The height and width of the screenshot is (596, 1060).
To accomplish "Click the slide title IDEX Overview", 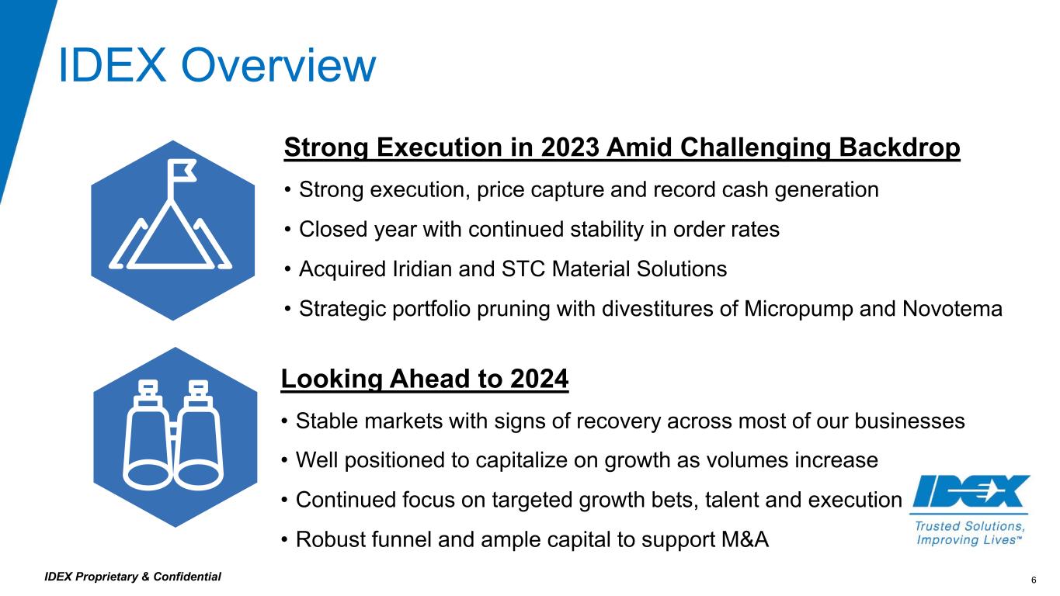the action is point(217,65).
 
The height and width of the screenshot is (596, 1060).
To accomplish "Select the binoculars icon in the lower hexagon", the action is point(173,435).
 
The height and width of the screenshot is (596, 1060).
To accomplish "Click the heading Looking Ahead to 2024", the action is point(425,379).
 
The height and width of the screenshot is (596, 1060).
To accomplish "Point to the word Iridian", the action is point(422,269).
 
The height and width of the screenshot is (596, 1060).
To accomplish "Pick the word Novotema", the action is point(952,309).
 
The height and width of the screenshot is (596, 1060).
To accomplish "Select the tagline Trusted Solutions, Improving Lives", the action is point(970,533).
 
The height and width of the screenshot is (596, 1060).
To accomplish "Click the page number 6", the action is point(1034,580).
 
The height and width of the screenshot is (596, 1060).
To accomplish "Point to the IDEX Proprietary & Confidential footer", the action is point(133,577).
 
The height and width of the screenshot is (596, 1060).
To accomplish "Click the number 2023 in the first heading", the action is point(570,147).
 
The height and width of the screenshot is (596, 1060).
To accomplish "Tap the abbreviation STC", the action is point(523,269).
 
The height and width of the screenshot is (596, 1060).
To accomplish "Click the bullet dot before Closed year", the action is point(287,230).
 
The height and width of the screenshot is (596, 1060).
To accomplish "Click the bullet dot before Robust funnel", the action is point(284,540).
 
